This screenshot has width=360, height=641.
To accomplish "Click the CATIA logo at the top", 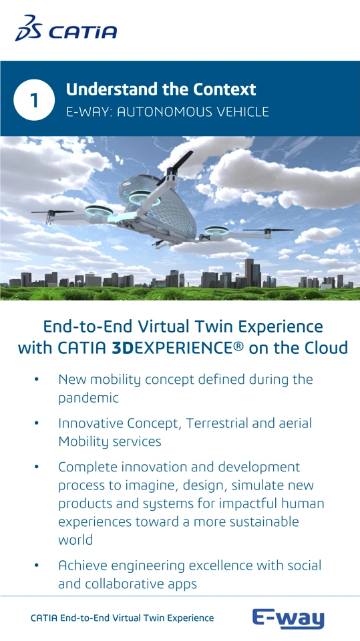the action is pyautogui.click(x=66, y=28).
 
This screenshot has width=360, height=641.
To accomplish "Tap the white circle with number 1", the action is pyautogui.click(x=34, y=99).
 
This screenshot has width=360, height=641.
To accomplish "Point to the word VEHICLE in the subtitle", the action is pyautogui.click(x=239, y=112).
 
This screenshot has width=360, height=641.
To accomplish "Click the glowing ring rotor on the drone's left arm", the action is pyautogui.click(x=99, y=211).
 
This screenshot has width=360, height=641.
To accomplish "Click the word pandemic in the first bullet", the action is pyautogui.click(x=88, y=398).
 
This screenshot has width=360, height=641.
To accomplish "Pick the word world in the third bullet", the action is pyautogui.click(x=75, y=540).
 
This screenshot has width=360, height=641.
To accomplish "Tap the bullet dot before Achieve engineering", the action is pyautogui.click(x=37, y=566).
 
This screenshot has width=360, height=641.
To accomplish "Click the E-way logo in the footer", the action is pyautogui.click(x=288, y=619).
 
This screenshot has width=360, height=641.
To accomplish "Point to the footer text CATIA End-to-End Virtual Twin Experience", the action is pyautogui.click(x=122, y=618).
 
